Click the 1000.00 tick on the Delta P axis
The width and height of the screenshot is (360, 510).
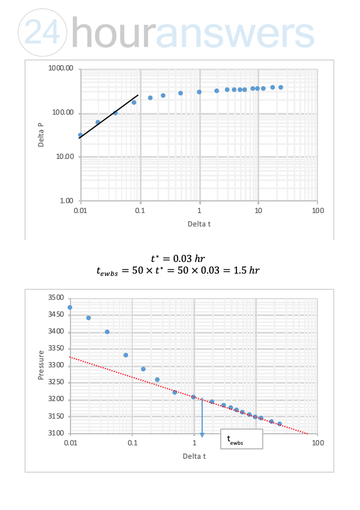click(61, 69)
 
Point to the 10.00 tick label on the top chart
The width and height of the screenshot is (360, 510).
click(63, 157)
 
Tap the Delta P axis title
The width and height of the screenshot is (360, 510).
click(41, 135)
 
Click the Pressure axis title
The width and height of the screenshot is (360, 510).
click(41, 365)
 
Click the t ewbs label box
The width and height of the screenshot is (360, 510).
click(242, 440)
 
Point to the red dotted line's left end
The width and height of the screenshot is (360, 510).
click(71, 357)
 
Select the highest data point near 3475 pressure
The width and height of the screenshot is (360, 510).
click(70, 307)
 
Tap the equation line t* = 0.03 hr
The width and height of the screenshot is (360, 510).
click(178, 258)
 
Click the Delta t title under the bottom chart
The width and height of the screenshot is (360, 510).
click(194, 456)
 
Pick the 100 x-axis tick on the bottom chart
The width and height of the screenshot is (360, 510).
click(317, 443)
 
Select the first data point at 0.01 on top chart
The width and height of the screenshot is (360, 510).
click(80, 135)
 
